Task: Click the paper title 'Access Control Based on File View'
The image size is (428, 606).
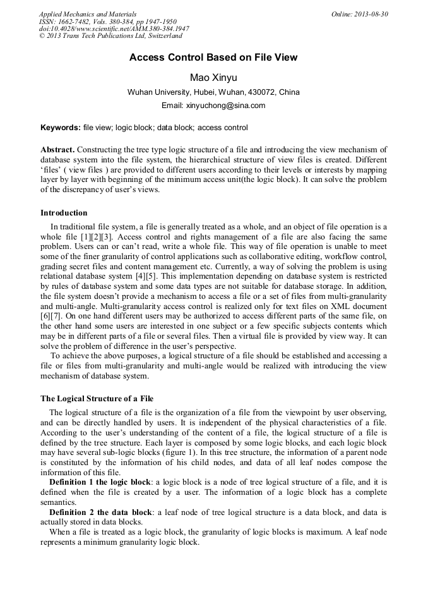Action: pyautogui.click(x=213, y=58)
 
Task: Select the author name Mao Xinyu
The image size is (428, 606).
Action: pyautogui.click(x=213, y=77)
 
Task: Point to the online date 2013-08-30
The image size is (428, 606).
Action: pyautogui.click(x=370, y=14)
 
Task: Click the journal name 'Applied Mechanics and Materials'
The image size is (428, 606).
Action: pyautogui.click(x=87, y=14)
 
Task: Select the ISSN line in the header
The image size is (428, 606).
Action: pyautogui.click(x=107, y=21)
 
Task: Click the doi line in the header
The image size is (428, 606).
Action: pyautogui.click(x=114, y=29)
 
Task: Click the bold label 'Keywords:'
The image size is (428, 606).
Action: pyautogui.click(x=61, y=128)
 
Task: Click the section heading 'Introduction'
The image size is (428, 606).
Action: pyautogui.click(x=64, y=213)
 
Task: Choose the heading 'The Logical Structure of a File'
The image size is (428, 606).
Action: pyautogui.click(x=97, y=399)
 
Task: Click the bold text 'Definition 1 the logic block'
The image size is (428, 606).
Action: pyautogui.click(x=100, y=482)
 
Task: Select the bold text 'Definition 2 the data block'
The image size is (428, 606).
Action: pyautogui.click(x=100, y=512)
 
